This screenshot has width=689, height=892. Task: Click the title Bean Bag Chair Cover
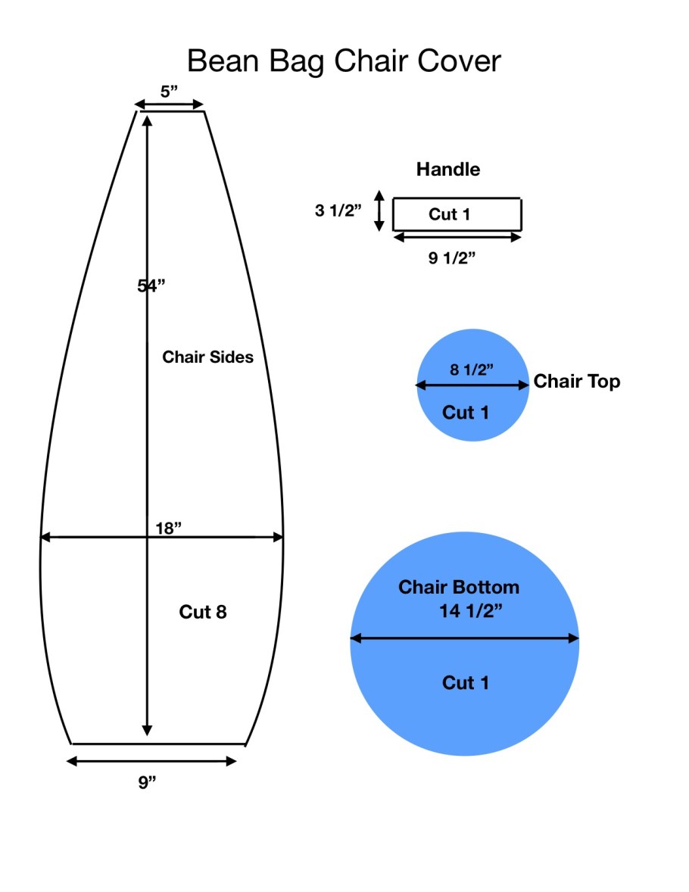344,61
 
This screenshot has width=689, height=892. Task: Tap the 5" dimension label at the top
169,91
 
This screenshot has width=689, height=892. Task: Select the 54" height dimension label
151,285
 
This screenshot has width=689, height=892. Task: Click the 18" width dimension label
168,528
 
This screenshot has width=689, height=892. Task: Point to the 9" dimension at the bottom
147,782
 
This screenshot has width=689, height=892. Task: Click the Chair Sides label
207,357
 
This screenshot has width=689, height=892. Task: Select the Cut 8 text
203,612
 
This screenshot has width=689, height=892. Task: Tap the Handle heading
447,169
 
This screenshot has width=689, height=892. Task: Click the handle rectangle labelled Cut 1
457,214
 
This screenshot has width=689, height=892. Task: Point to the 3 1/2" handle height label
338,211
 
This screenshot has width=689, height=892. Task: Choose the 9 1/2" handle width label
452,258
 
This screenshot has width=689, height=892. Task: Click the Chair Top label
576,381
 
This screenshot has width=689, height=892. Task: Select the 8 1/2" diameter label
472,370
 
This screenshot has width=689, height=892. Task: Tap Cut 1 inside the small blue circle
466,413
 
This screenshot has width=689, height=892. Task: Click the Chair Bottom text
459,587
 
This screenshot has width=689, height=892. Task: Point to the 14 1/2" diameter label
471,611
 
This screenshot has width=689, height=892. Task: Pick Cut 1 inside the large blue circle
466,683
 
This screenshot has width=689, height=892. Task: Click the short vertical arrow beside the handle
379,211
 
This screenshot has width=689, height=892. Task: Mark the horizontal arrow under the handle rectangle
457,237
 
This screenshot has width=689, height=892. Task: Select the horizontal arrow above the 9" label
151,761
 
